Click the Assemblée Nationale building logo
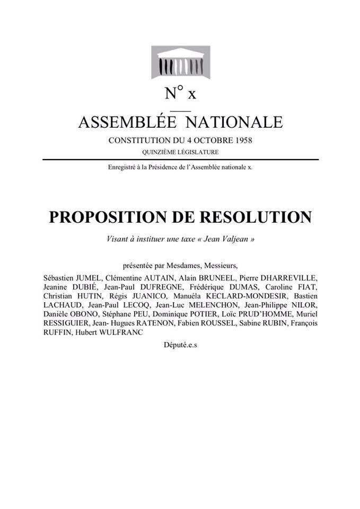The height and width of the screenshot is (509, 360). point(180,62)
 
